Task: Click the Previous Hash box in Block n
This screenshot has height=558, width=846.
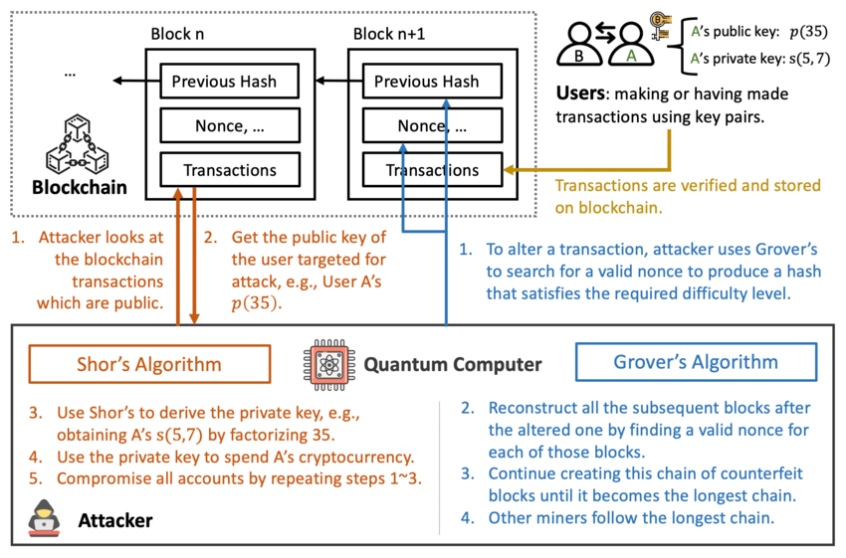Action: [x=230, y=82]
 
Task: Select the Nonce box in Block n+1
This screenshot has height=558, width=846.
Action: [x=433, y=126]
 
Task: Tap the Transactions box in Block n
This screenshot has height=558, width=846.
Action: [x=230, y=171]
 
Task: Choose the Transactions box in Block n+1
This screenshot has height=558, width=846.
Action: [x=433, y=171]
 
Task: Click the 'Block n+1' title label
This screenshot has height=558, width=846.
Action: [x=393, y=35]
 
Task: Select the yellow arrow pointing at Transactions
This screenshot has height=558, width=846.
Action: [x=587, y=170]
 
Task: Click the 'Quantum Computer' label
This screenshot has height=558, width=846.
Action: [x=453, y=365]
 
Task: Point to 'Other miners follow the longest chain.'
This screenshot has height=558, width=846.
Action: [x=630, y=518]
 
